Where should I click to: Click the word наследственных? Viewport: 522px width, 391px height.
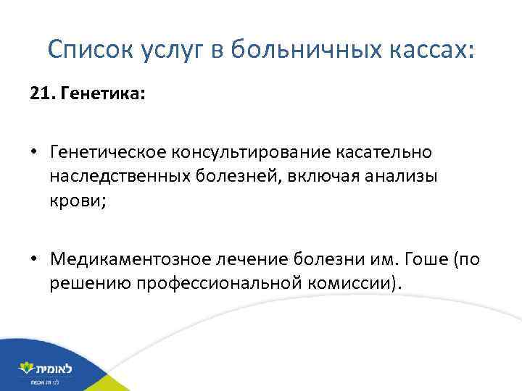pos(118,177)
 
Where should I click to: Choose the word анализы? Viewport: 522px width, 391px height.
pos(399,177)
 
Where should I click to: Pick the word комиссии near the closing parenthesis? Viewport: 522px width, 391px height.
pos(337,284)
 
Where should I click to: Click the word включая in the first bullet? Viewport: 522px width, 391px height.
pos(310,177)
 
